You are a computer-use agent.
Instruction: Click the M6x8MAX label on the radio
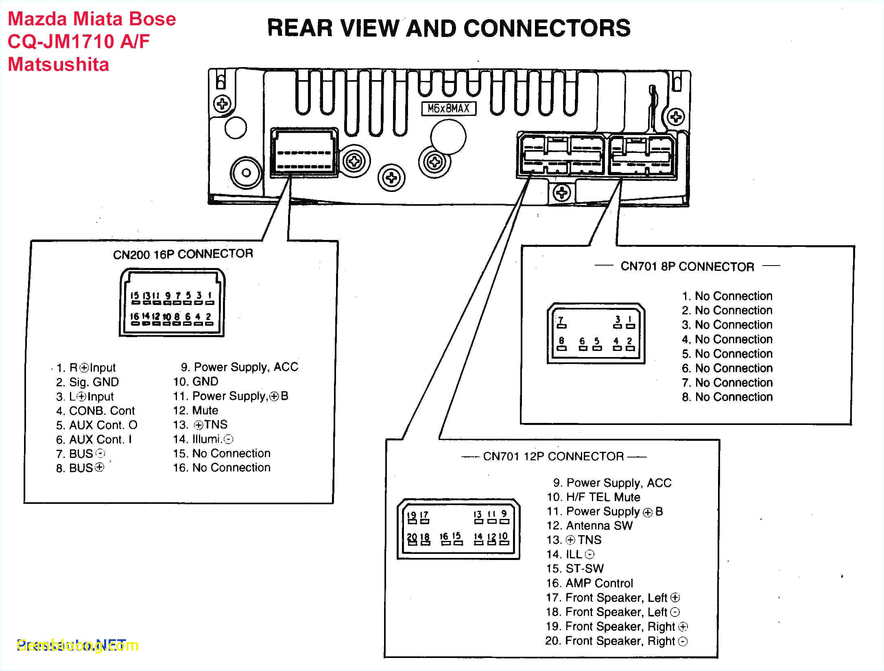pos(448,109)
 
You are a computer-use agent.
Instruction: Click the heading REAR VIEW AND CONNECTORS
pos(449,28)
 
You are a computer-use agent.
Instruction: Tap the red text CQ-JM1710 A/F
pos(79,41)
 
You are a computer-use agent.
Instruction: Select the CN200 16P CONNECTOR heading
pos(183,254)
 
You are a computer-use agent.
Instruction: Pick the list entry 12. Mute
pos(196,410)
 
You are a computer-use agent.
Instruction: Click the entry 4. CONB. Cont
pos(95,411)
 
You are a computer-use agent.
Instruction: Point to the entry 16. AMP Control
pos(589,583)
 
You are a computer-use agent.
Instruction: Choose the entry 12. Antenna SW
pos(589,525)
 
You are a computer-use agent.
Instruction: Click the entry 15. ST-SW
pos(575,569)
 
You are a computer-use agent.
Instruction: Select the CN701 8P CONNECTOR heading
pos(687,267)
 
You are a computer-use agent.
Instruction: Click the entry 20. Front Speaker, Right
pos(616,641)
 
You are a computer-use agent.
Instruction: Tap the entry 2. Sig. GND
pos(87,382)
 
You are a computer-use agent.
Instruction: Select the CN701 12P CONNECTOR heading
pos(553,456)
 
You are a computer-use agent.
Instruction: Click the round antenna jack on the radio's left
pos(246,173)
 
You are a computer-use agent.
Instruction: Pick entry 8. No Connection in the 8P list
pos(727,397)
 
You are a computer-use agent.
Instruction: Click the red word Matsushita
pos(59,65)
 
